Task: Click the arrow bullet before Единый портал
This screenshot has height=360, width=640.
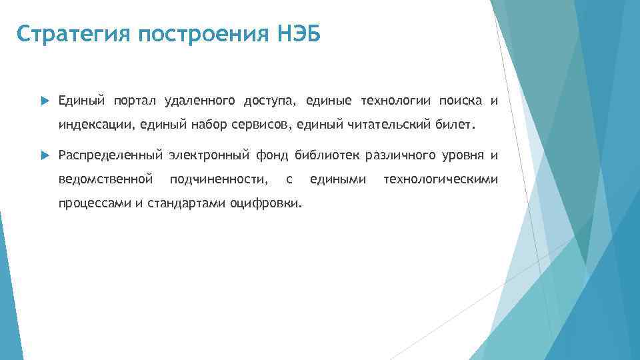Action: coord(45,101)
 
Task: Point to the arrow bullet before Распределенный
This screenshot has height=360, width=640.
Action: coord(45,156)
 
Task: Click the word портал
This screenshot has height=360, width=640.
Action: coord(135,101)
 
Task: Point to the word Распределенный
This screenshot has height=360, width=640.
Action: coord(111,156)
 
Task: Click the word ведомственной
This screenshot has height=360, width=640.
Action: coord(106,179)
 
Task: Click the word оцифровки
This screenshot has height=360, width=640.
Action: coord(266,203)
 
